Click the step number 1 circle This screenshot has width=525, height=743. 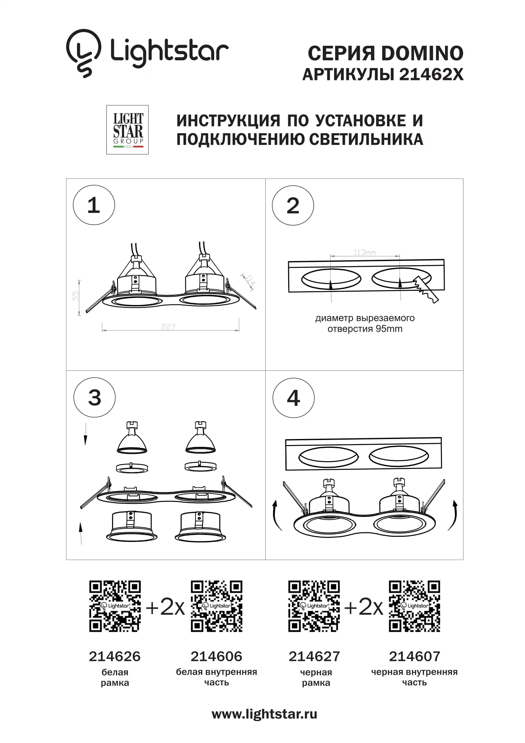click(x=94, y=205)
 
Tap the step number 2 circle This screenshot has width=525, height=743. click(x=293, y=205)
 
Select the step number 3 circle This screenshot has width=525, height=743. click(x=94, y=397)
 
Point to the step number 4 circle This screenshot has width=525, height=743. click(x=294, y=398)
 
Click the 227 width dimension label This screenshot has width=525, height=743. click(x=169, y=327)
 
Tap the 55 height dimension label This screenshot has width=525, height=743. click(x=75, y=296)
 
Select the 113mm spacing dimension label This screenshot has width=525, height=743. click(x=365, y=252)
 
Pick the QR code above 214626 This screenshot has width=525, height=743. click(x=115, y=606)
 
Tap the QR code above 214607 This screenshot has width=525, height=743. click(x=415, y=606)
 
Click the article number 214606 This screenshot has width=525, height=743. click(x=216, y=656)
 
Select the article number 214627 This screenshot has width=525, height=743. click(x=314, y=656)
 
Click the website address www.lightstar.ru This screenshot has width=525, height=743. click(x=264, y=714)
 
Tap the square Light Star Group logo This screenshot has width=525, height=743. click(x=127, y=129)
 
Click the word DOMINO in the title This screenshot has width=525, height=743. click(x=422, y=53)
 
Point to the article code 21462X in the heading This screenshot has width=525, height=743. click(x=431, y=74)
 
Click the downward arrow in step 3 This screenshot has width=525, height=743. click(x=85, y=434)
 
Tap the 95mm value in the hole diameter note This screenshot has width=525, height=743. click(x=389, y=329)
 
